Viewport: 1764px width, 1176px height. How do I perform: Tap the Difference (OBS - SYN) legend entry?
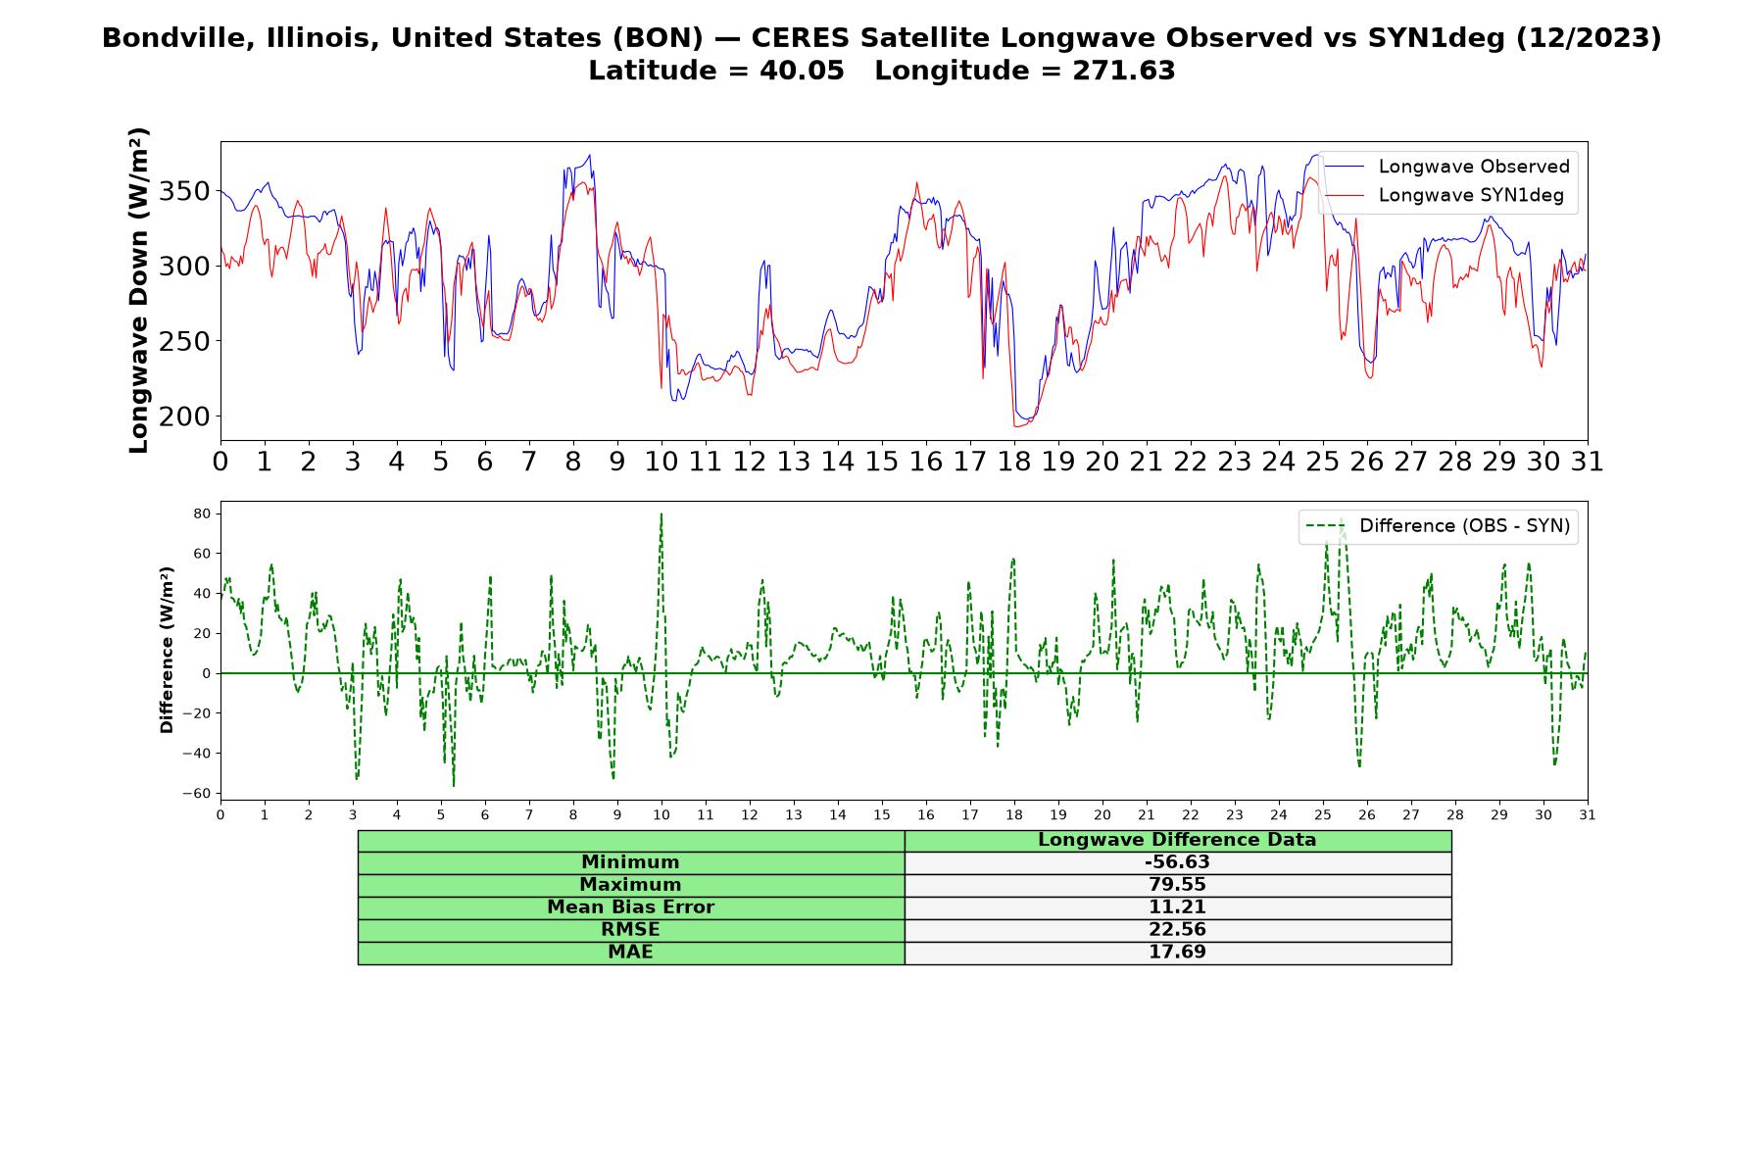pos(1438,526)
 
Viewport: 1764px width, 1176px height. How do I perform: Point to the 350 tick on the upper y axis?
pos(185,191)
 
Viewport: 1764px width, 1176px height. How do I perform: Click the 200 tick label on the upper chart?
pos(185,416)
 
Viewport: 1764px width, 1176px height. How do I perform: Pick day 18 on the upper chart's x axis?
pos(1014,462)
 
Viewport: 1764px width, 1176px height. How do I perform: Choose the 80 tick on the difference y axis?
pos(203,514)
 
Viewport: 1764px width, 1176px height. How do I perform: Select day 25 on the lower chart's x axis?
pos(1323,815)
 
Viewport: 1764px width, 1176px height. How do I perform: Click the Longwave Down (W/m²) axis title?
pos(139,290)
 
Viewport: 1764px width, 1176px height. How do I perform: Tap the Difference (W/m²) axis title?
pos(168,651)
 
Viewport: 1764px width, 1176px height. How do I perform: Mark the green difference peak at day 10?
pos(661,514)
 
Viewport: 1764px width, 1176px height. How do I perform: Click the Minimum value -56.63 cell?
pos(1177,862)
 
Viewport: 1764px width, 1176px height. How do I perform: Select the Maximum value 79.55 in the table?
pos(1177,885)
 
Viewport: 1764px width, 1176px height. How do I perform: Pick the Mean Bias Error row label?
pos(630,907)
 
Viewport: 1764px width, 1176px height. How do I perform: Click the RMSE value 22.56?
pos(1177,930)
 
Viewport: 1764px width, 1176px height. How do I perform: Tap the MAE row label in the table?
pos(630,953)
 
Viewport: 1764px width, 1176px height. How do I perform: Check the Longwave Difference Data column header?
pos(1177,840)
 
